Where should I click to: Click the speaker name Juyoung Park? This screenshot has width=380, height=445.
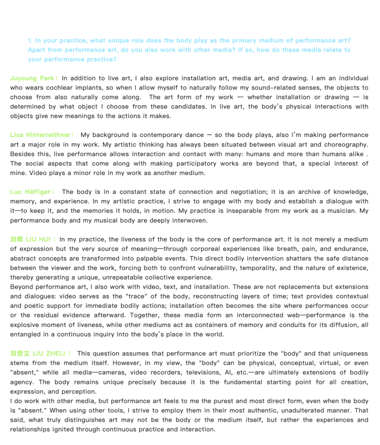coord(32,79)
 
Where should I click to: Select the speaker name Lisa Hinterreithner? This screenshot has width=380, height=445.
coord(40,135)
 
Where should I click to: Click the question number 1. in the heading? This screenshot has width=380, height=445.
coord(30,41)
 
